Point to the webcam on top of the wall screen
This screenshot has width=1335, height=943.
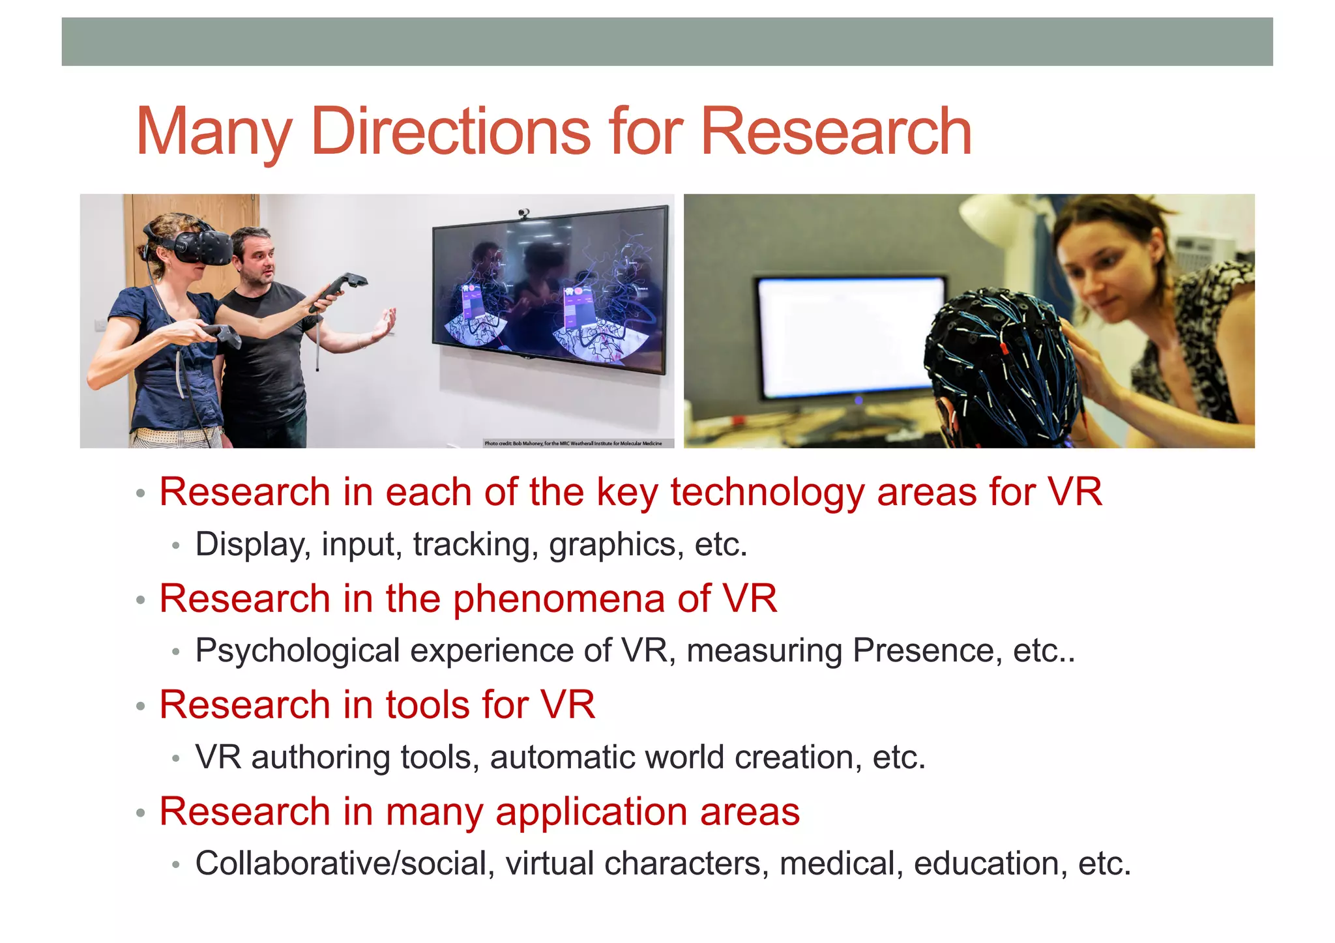[523, 214]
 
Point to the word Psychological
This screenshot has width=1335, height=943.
[297, 651]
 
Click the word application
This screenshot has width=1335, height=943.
[591, 812]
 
